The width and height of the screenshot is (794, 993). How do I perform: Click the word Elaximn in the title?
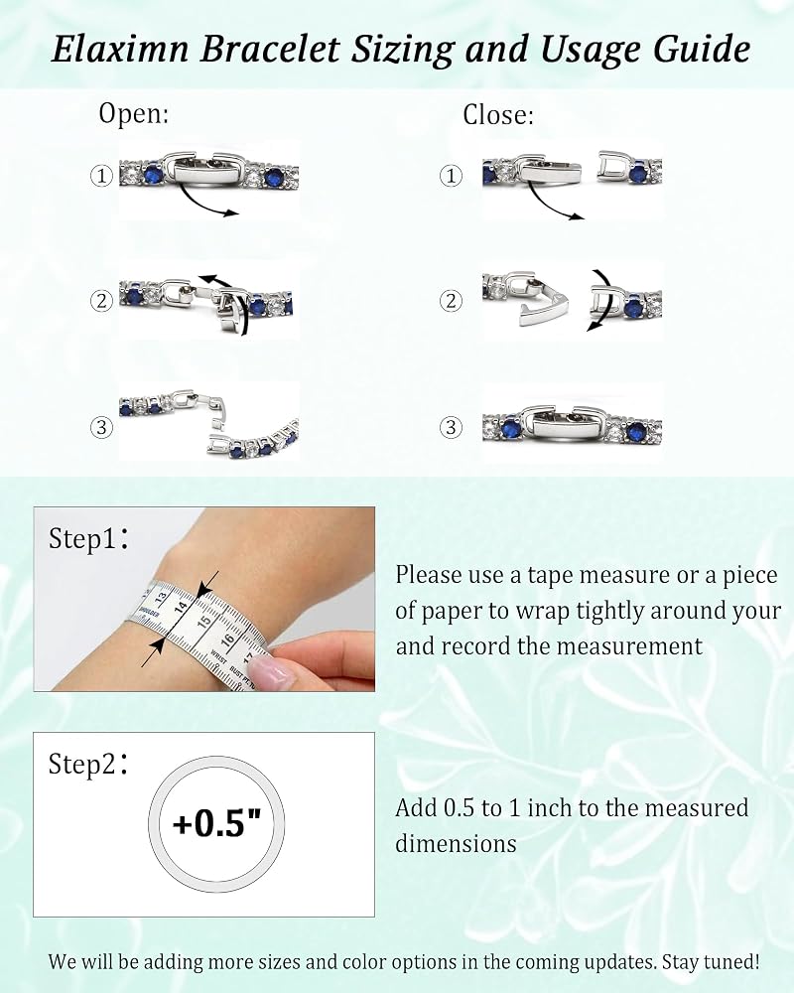120,49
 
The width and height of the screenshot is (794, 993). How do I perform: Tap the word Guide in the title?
702,50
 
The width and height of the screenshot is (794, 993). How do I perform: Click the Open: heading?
134,114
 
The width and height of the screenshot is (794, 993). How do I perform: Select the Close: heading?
498,115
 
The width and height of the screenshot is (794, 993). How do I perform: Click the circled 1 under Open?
101,176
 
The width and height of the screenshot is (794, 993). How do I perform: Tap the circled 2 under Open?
101,300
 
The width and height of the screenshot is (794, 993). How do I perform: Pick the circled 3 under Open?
101,427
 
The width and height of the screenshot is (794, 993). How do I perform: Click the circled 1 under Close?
451,176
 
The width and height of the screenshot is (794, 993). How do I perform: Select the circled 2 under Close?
451,300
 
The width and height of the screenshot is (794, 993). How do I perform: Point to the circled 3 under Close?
451,427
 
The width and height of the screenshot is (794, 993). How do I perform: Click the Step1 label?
88,538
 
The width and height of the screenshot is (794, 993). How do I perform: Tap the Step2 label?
88,764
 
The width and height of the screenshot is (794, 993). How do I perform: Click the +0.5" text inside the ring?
216,823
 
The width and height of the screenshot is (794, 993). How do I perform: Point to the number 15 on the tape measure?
203,620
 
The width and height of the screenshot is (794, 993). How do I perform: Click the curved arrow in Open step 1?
202,203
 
